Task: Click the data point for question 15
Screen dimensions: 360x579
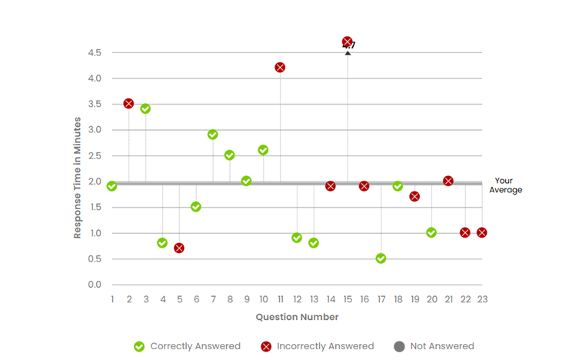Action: [x=348, y=42]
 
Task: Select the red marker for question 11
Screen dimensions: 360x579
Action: [x=280, y=68]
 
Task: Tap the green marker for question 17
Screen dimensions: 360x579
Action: [x=381, y=258]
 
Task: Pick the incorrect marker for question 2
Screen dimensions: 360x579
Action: [x=128, y=103]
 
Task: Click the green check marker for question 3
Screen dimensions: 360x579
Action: [x=145, y=108]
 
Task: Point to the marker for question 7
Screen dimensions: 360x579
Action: [x=213, y=135]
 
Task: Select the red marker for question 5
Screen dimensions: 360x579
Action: [x=179, y=248]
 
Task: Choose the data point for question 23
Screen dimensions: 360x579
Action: [x=482, y=232]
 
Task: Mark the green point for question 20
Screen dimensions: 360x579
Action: [x=431, y=232]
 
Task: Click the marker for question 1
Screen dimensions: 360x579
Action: [x=112, y=186]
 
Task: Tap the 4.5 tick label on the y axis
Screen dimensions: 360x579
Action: [x=95, y=52]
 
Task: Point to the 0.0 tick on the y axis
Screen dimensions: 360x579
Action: [x=95, y=285]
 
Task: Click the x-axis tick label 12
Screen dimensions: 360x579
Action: [x=297, y=299]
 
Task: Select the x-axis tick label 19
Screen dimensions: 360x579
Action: [x=414, y=299]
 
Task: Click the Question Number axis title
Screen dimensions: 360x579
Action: [x=297, y=316]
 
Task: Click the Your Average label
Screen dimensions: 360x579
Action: [x=507, y=185]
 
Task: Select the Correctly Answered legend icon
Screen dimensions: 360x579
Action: [x=139, y=346]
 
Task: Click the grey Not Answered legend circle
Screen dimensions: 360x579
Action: [x=399, y=346]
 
